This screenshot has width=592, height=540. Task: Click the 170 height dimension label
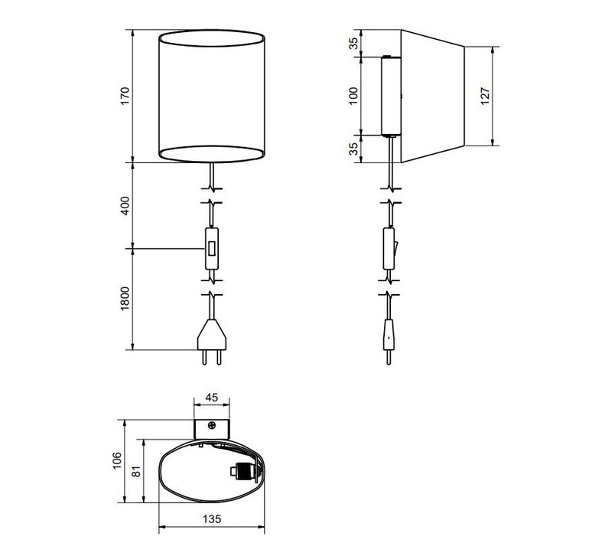pyautogui.click(x=125, y=96)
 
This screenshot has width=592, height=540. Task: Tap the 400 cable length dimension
pyautogui.click(x=125, y=206)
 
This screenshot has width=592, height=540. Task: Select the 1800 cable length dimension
pyautogui.click(x=125, y=299)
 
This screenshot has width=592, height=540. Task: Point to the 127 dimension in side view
pyautogui.click(x=485, y=96)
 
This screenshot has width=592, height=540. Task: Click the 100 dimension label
pyautogui.click(x=353, y=96)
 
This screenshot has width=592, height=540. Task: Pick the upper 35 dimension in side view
pyautogui.click(x=353, y=44)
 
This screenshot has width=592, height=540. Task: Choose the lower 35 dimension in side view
pyautogui.click(x=353, y=149)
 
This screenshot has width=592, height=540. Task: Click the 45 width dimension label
pyautogui.click(x=211, y=398)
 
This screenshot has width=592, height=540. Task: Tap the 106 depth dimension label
pyautogui.click(x=117, y=460)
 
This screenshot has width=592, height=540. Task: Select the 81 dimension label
pyautogui.click(x=136, y=471)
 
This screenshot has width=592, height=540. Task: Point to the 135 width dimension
pyautogui.click(x=212, y=519)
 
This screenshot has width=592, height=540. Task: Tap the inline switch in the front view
pyautogui.click(x=212, y=248)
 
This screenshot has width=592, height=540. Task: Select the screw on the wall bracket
pyautogui.click(x=212, y=425)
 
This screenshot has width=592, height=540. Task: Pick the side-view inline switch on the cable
pyautogui.click(x=389, y=248)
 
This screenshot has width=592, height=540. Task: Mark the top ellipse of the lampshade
pyautogui.click(x=211, y=38)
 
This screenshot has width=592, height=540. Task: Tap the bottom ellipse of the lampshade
pyautogui.click(x=211, y=154)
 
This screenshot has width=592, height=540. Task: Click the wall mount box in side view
pyautogui.click(x=391, y=96)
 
